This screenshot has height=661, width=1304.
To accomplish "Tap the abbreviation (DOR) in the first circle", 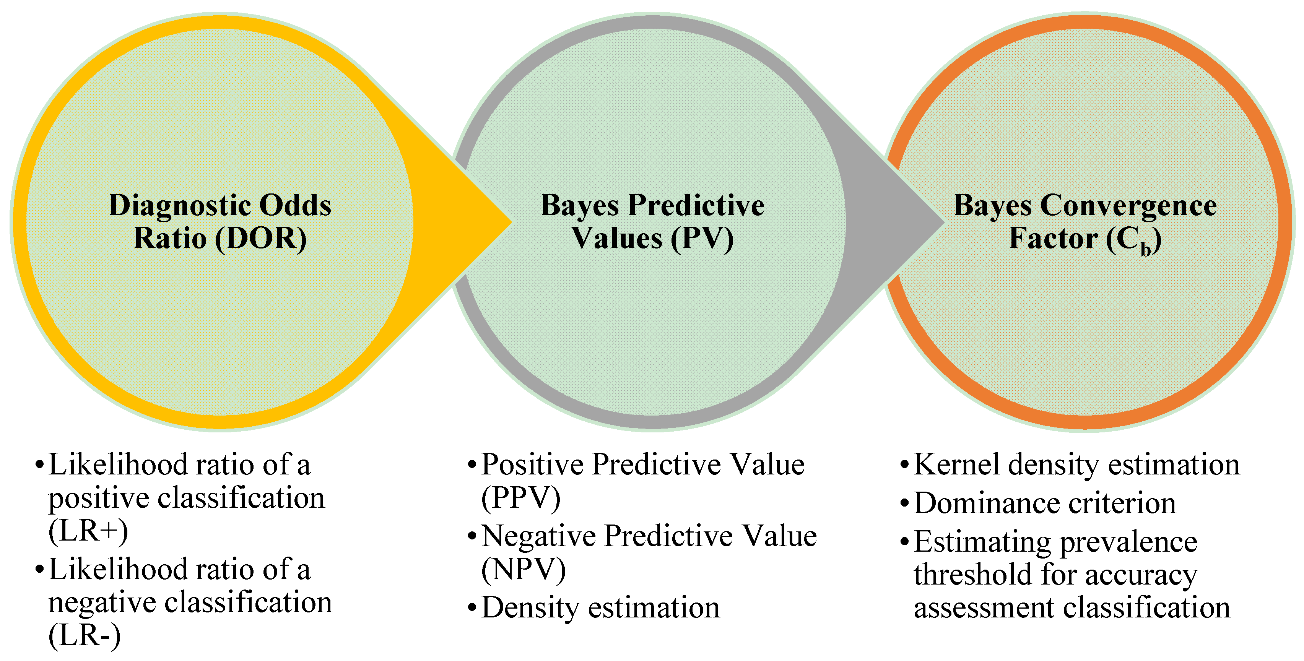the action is [261, 239].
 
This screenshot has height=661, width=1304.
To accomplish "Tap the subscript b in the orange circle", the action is [1146, 249].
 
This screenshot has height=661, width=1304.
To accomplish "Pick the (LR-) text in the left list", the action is [85, 636].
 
